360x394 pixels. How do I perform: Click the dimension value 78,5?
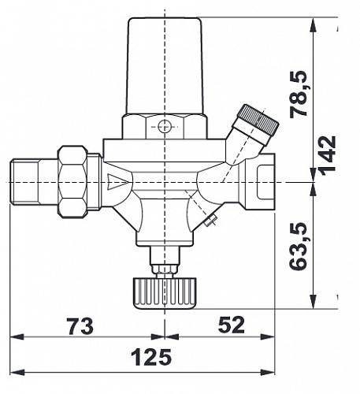point(299,94)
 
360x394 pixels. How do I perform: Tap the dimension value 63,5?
point(298,247)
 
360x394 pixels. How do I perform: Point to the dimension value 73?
point(80,326)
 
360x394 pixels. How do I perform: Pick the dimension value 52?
point(232,325)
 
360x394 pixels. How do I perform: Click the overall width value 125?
point(151,357)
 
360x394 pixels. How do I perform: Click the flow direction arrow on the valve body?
point(118,181)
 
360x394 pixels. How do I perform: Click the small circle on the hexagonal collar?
point(165,127)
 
